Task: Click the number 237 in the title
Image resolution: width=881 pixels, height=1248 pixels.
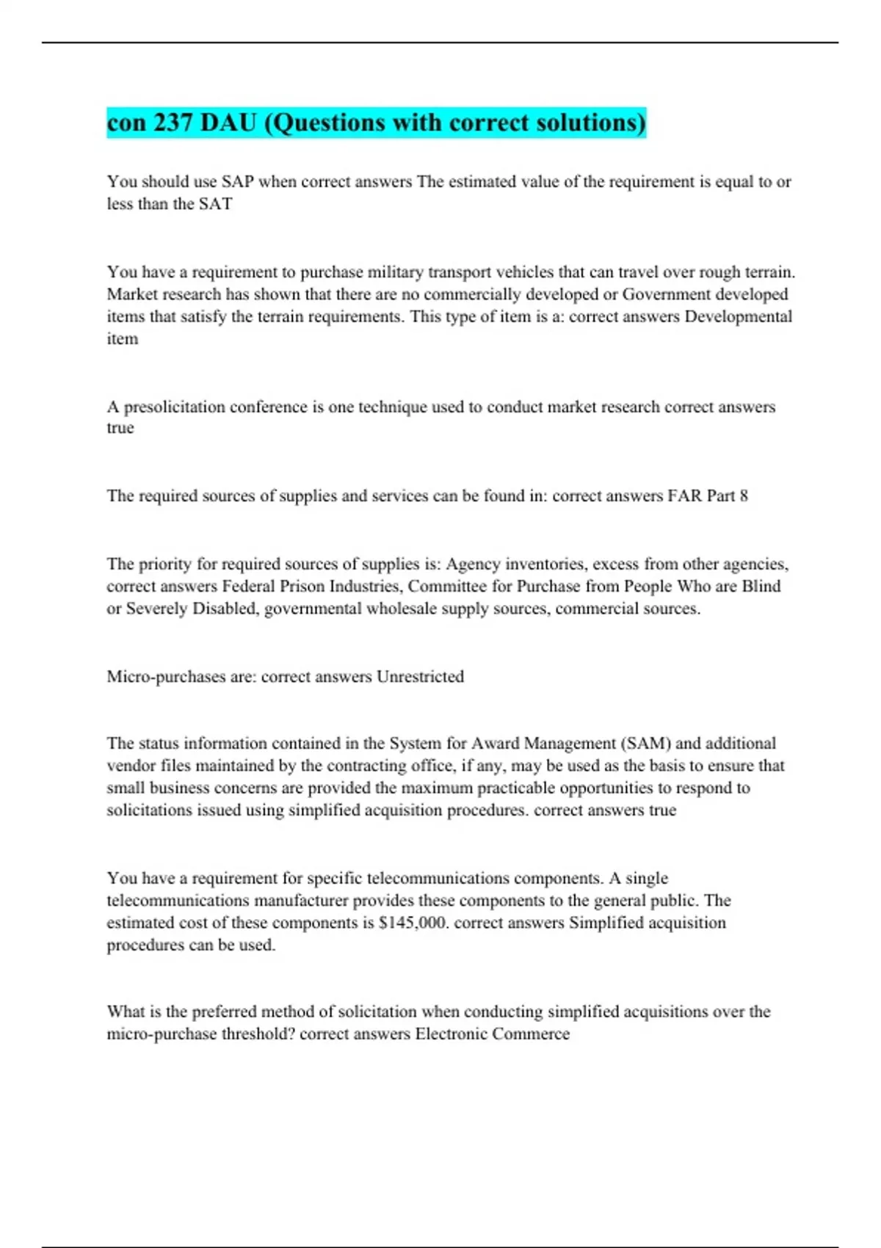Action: pyautogui.click(x=173, y=123)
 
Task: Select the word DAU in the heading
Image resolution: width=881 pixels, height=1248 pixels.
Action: pyautogui.click(x=228, y=123)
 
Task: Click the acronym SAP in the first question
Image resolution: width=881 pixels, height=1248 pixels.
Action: pyautogui.click(x=238, y=181)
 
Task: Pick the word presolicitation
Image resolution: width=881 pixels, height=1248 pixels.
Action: pyautogui.click(x=175, y=407)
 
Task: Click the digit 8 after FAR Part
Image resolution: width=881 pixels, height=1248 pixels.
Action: pyautogui.click(x=744, y=496)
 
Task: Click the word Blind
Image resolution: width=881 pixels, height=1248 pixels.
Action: pyautogui.click(x=761, y=587)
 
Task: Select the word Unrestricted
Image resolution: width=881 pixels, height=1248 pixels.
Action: pyautogui.click(x=420, y=676)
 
